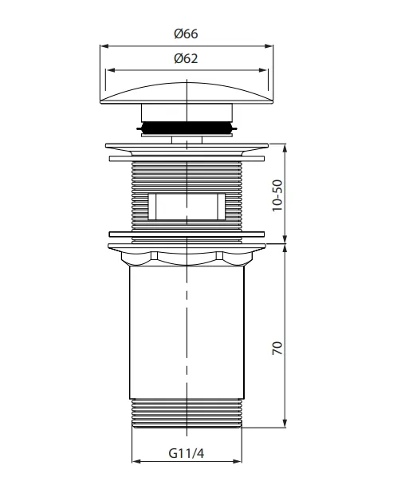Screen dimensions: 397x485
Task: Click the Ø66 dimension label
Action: (x=186, y=34)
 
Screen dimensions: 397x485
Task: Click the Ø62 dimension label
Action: (x=186, y=58)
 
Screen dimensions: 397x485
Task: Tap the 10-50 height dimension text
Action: (x=277, y=195)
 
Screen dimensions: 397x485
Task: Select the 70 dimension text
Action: (x=277, y=348)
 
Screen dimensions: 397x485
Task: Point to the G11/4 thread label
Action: (x=187, y=453)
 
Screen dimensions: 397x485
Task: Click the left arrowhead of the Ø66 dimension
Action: (x=104, y=46)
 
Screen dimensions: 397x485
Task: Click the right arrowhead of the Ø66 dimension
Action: (x=269, y=46)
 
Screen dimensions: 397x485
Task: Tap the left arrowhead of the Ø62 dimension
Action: (x=110, y=70)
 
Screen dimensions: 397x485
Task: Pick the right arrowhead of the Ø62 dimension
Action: (x=262, y=70)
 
